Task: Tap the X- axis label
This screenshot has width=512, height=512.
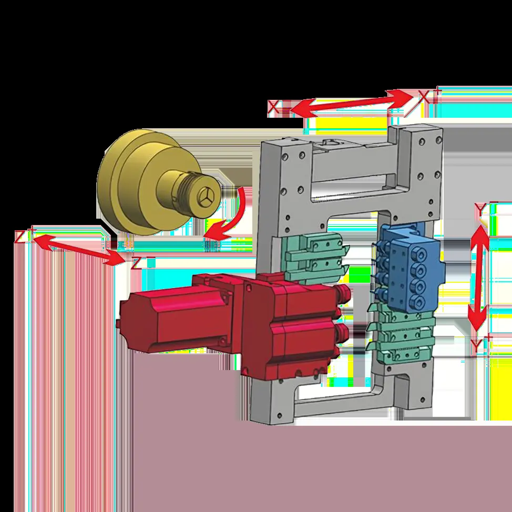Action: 277,107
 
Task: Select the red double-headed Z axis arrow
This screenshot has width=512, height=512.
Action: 78,249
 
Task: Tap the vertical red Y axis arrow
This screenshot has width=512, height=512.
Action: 479,278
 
